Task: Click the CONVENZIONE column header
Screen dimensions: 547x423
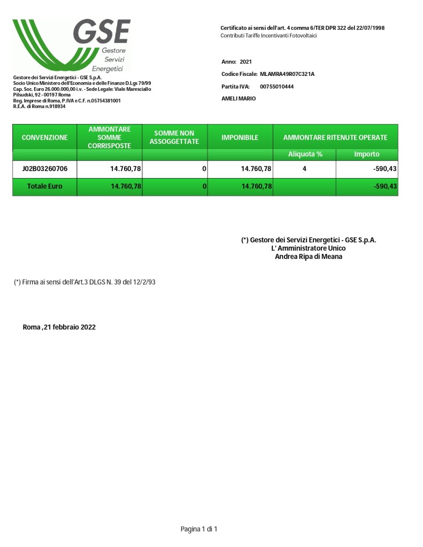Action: (44, 137)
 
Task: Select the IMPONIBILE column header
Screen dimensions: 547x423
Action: (240, 137)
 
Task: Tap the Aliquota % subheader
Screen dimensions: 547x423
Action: (305, 154)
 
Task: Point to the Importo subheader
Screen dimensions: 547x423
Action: (367, 154)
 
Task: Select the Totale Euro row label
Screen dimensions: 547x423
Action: (44, 187)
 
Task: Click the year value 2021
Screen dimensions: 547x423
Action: (245, 62)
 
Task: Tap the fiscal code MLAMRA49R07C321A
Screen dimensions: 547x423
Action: (287, 74)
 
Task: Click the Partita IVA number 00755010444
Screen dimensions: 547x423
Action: (276, 87)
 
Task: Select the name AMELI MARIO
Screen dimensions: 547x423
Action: (239, 99)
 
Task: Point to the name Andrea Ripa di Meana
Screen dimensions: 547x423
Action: (309, 257)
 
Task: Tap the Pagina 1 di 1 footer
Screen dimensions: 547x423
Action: (199, 529)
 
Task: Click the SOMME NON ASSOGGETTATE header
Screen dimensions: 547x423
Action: (174, 137)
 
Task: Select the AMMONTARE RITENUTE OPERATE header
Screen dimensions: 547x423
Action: (335, 137)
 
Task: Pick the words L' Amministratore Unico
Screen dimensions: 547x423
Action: (309, 248)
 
